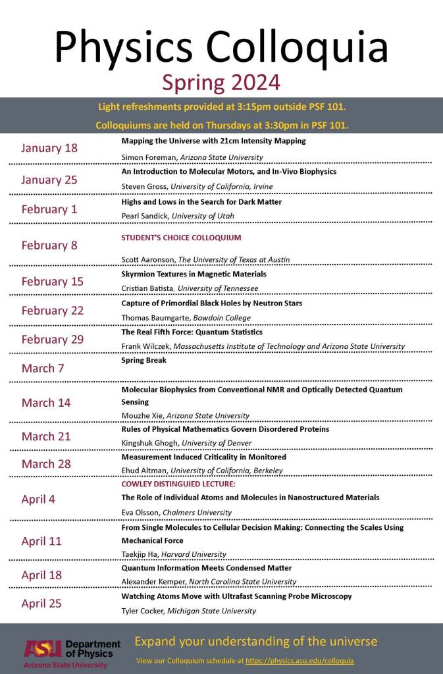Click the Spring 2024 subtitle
[x=221, y=82]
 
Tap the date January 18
[x=49, y=148]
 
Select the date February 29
[x=53, y=340]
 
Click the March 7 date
[x=43, y=368]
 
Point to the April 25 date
[x=41, y=603]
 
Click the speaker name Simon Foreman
[x=145, y=157]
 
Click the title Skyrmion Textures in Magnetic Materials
[x=194, y=274]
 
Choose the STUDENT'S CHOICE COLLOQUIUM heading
[x=181, y=238]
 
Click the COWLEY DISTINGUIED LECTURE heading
[x=178, y=484]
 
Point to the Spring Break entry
[x=143, y=361]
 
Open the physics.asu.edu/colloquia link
[x=300, y=660]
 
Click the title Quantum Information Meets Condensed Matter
[x=207, y=568]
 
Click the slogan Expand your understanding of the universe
[x=255, y=641]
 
